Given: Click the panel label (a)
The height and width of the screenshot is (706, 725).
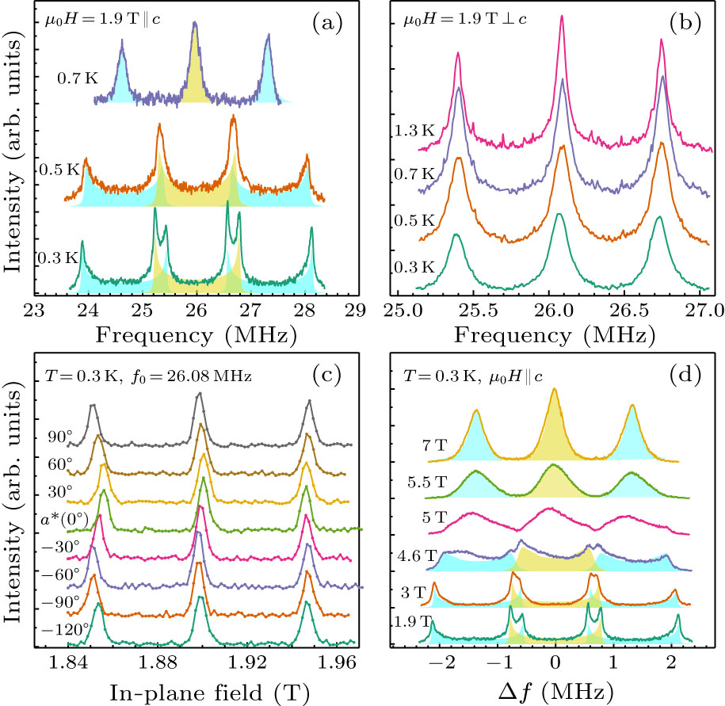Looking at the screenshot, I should [x=324, y=23].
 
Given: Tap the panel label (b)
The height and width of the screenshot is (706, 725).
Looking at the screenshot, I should [x=685, y=23].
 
